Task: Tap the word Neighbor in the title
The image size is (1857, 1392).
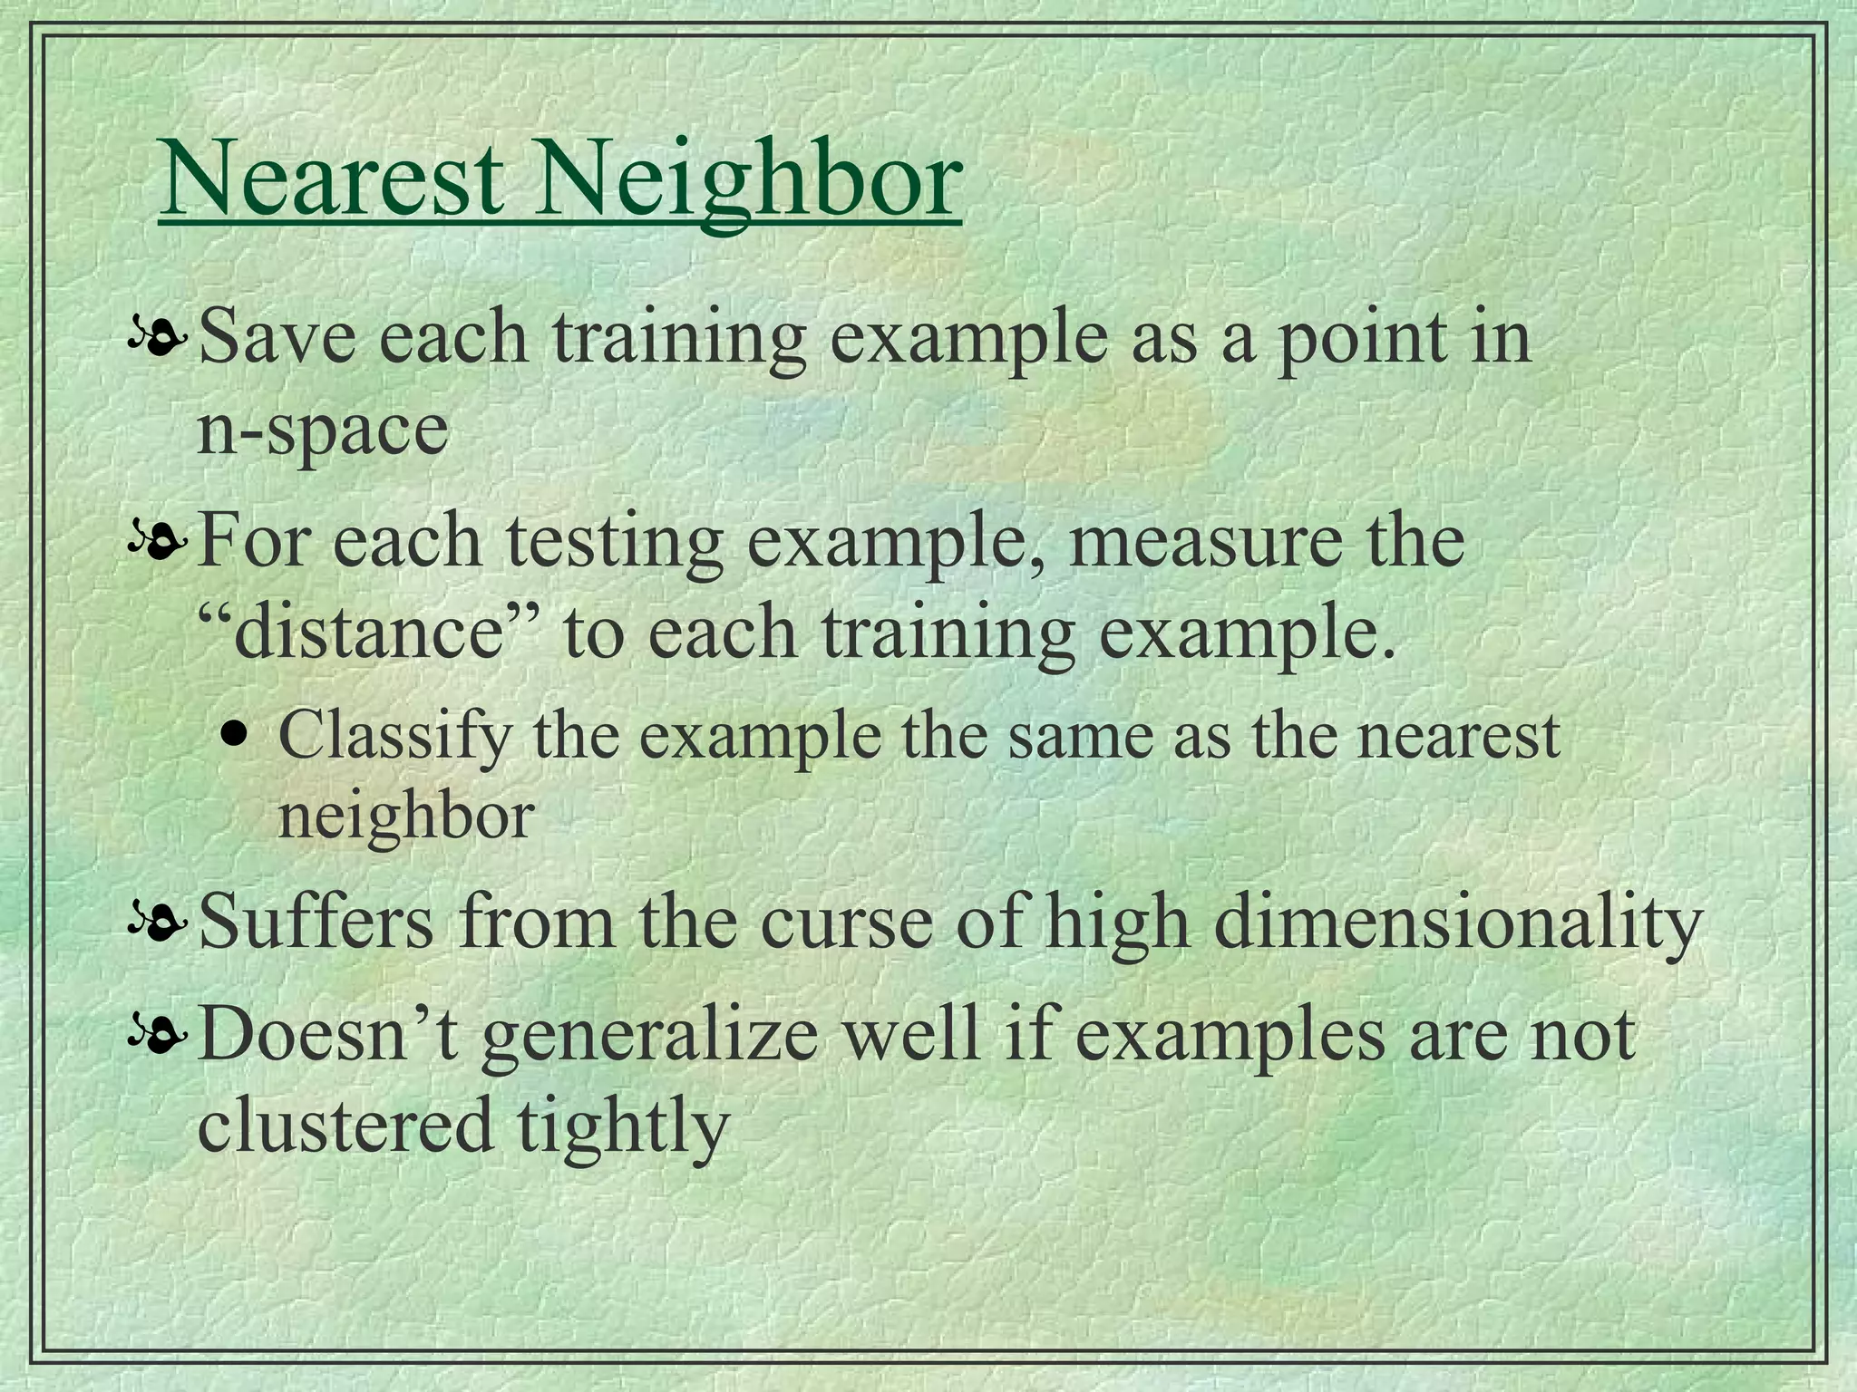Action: tap(746, 181)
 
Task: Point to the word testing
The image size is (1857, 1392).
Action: tap(614, 542)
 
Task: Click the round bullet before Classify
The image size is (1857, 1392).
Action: tap(236, 733)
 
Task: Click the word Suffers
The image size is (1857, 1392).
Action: tap(316, 923)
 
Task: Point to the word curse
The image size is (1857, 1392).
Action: tap(845, 923)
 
